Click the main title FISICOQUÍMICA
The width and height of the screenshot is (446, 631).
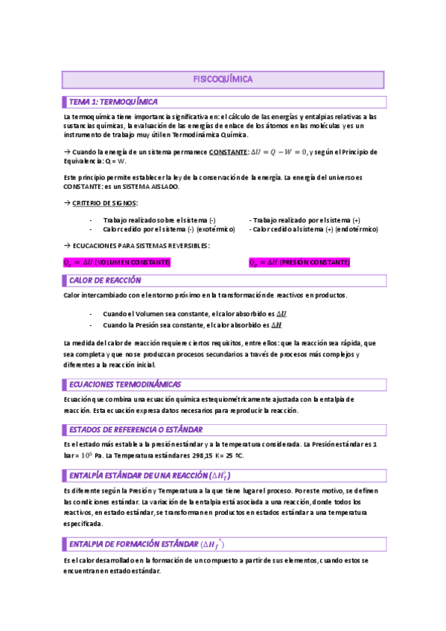(223, 78)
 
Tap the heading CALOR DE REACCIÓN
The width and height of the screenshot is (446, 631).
(105, 281)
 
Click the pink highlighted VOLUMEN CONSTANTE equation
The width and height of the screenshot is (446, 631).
(117, 262)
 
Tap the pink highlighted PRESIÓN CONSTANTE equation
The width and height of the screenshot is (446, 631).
(299, 262)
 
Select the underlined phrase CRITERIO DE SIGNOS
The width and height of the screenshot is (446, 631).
(105, 203)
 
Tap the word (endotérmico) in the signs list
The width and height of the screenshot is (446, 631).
(357, 229)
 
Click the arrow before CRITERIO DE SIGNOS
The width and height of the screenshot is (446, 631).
(66, 203)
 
